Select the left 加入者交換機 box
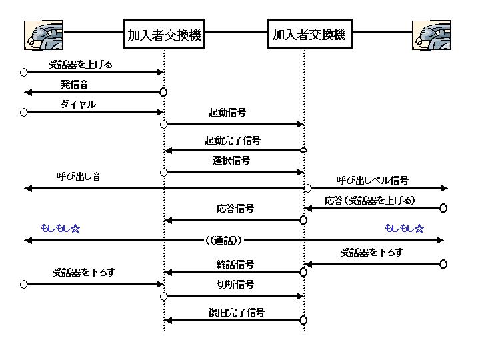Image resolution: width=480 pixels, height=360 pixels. (x=164, y=35)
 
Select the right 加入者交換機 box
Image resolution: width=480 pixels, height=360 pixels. (x=309, y=35)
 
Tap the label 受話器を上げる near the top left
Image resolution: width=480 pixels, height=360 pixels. (x=80, y=65)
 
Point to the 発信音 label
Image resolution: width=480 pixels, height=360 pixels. (x=75, y=84)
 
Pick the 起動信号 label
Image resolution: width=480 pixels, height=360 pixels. (x=227, y=113)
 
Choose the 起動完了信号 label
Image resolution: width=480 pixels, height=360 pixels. (x=232, y=141)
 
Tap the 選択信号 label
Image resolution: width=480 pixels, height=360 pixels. (x=231, y=161)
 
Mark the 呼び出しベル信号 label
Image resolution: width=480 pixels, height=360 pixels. (x=372, y=180)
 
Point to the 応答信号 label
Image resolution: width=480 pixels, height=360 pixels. (x=235, y=209)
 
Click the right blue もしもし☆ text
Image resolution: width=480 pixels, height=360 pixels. (x=404, y=228)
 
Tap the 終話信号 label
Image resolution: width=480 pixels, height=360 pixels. (x=235, y=264)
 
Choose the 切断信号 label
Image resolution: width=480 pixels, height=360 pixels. (x=235, y=285)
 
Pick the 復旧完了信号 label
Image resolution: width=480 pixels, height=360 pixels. (x=236, y=312)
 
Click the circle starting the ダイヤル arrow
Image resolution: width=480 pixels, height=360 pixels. (x=24, y=112)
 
